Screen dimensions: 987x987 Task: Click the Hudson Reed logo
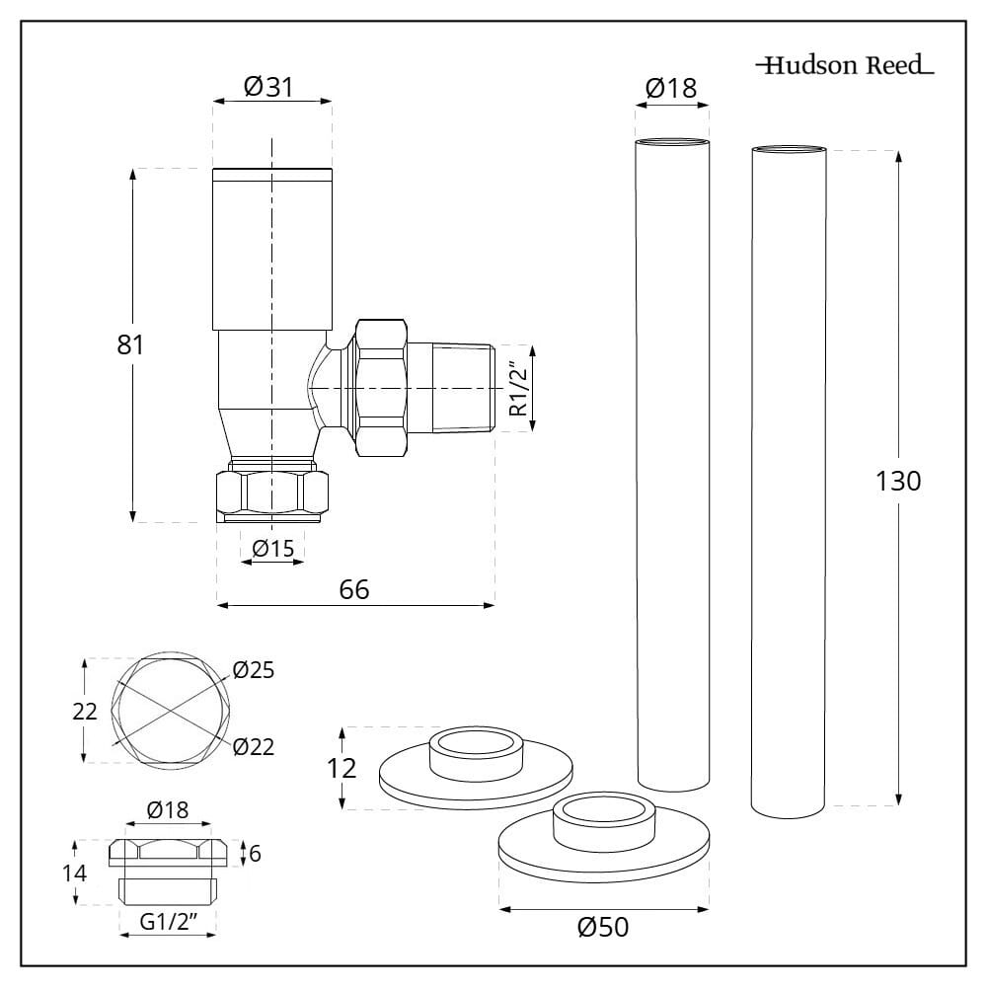click(x=844, y=67)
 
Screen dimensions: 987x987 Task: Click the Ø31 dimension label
click(x=267, y=87)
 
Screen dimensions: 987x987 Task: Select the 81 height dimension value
click(x=130, y=345)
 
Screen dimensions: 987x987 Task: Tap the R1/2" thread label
click(x=517, y=388)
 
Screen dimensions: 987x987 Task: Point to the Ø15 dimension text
click(x=272, y=549)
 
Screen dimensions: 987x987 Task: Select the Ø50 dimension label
click(x=602, y=928)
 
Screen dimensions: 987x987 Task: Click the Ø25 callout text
click(x=254, y=671)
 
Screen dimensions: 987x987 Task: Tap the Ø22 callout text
click(x=254, y=747)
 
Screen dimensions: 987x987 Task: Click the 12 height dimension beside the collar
click(x=342, y=768)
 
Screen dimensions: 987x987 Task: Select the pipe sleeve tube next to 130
click(x=789, y=474)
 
